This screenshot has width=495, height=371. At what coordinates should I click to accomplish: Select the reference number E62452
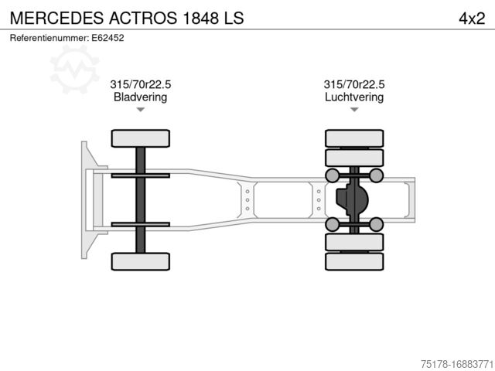(x=108, y=37)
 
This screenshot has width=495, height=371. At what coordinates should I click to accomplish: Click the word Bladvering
(x=140, y=97)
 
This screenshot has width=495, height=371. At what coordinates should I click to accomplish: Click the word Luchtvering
(x=353, y=97)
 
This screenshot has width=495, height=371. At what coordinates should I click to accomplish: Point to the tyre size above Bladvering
(x=140, y=84)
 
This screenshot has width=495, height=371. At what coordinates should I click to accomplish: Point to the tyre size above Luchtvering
(x=353, y=84)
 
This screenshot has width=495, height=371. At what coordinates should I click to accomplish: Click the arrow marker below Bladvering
(x=140, y=110)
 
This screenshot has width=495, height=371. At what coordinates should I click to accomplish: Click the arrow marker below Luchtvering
(x=353, y=110)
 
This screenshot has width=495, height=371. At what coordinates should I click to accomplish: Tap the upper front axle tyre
(x=140, y=138)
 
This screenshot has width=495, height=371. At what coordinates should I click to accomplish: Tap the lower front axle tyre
(x=140, y=261)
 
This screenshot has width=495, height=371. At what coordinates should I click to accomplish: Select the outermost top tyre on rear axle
(x=353, y=138)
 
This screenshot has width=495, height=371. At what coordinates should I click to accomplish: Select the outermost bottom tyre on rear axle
(x=353, y=261)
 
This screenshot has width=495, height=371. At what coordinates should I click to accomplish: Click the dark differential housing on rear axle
(x=352, y=200)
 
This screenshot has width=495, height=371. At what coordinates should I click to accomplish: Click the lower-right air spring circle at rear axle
(x=376, y=224)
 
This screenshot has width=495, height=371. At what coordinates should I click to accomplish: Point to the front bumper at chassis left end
(x=84, y=199)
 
